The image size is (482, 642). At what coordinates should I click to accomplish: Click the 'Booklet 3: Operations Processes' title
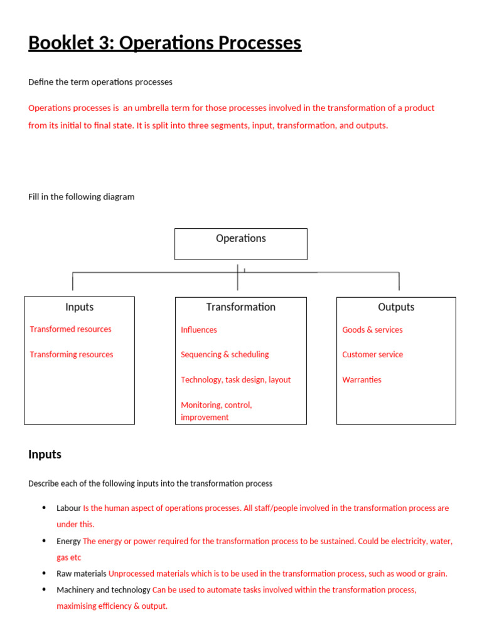point(164,43)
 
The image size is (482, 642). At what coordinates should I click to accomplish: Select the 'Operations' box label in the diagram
point(240,238)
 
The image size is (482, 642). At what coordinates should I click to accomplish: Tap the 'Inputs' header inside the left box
point(79,307)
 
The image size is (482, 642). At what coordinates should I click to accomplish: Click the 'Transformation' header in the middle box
point(240,307)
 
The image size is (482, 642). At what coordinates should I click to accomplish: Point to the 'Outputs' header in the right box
point(396,307)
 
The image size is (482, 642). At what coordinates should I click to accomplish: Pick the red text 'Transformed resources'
point(70,329)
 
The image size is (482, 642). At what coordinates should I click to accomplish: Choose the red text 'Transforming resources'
point(72,354)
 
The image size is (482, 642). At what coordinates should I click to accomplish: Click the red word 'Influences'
point(199,330)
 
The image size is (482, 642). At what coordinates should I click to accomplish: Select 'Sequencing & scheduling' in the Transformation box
point(225,354)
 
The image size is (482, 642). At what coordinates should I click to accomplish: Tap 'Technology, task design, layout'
point(235,379)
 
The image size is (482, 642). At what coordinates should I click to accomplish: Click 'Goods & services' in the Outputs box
point(372,330)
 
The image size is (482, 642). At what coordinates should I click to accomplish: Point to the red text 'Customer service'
point(372,354)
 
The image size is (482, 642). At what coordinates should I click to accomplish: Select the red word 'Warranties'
point(361,379)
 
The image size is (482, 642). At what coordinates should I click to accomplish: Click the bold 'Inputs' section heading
point(45,455)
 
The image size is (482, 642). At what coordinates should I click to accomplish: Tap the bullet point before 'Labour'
point(43,508)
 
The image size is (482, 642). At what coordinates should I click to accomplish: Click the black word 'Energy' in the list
point(68,541)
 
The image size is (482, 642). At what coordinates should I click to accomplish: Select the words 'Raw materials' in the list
point(82,573)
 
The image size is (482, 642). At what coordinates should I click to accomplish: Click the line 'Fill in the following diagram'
point(81,197)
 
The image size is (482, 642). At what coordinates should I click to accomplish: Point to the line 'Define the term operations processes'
point(100,82)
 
